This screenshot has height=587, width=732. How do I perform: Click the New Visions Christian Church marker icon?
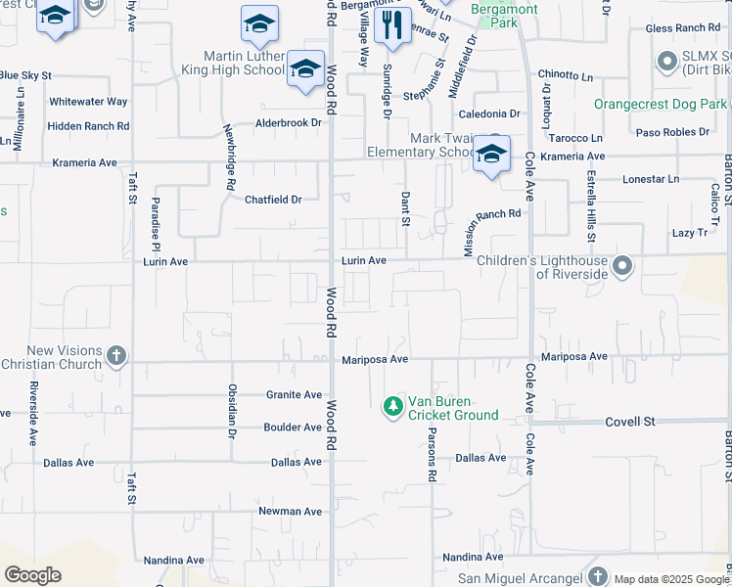point(116,355)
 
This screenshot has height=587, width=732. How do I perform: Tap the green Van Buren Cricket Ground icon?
point(392,405)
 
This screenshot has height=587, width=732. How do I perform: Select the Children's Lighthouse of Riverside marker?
point(621,266)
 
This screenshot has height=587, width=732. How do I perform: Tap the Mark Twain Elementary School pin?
point(491,154)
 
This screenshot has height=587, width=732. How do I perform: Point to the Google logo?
point(32,574)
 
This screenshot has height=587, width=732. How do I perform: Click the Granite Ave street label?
point(294,395)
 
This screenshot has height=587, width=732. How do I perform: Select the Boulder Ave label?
point(293,428)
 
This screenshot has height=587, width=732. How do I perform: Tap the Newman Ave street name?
point(290,512)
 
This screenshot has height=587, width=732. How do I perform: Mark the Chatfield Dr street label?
point(273,200)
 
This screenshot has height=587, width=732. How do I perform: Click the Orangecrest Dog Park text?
point(662,104)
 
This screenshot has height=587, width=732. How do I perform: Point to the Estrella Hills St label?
point(590,207)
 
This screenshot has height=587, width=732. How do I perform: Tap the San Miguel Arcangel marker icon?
point(600,576)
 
